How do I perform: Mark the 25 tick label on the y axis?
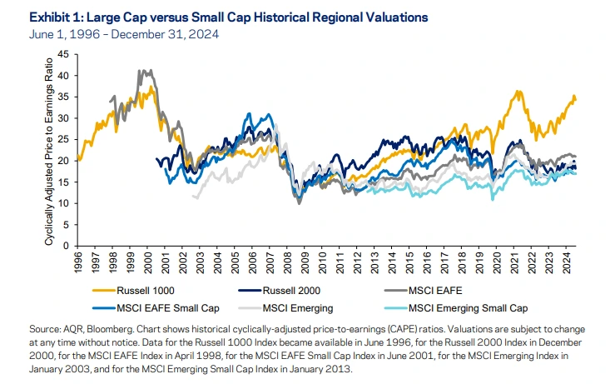point(63,140)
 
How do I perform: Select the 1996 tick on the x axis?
point(77,261)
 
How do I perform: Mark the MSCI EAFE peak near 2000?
point(142,72)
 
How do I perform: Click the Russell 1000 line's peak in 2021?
point(518,92)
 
